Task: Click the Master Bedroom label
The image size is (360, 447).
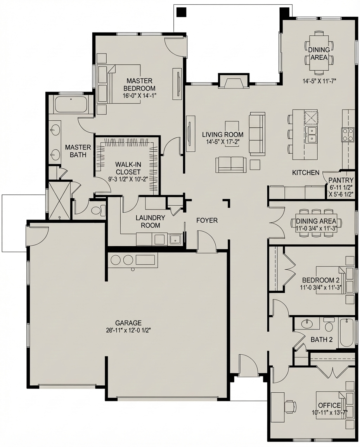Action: tap(139, 85)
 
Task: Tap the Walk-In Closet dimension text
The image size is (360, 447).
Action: tap(128, 179)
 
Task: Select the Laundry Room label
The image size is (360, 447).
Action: tap(150, 222)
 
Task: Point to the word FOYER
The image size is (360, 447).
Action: tap(207, 220)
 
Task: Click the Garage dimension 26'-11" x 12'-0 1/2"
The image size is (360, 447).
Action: tap(128, 331)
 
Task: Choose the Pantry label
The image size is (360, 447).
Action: tap(341, 180)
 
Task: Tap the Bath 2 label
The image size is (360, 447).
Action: tap(322, 340)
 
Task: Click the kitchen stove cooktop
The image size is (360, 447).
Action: tap(348, 135)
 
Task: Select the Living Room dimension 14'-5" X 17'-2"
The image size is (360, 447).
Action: tap(223, 142)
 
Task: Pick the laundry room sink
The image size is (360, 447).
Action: tap(175, 239)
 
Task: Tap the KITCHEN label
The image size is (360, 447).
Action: tap(306, 172)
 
